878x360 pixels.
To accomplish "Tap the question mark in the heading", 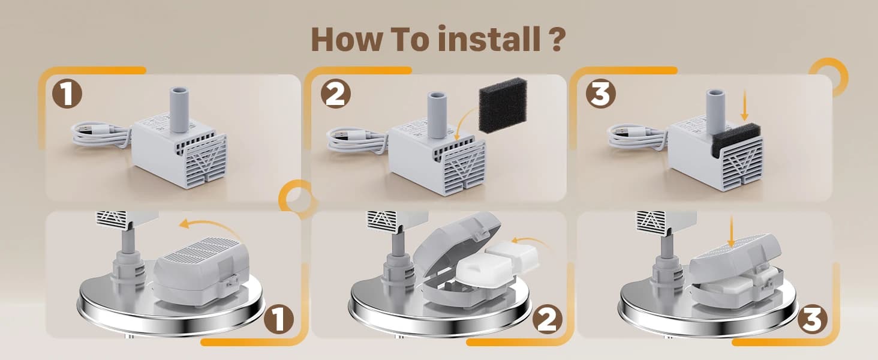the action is pyautogui.click(x=558, y=39).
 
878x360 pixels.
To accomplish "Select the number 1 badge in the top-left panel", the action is pyautogui.click(x=67, y=95).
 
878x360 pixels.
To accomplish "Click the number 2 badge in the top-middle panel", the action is pyautogui.click(x=335, y=95).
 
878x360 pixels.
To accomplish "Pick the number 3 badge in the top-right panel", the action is pyautogui.click(x=601, y=95).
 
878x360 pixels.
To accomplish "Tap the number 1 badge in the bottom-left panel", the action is pyautogui.click(x=279, y=320).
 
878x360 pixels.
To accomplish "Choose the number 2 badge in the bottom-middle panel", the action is pyautogui.click(x=547, y=320).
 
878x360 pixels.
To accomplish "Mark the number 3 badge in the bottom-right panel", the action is pyautogui.click(x=813, y=320).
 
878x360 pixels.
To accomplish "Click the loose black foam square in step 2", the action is pyautogui.click(x=503, y=105).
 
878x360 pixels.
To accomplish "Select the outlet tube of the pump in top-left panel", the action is pyautogui.click(x=179, y=110).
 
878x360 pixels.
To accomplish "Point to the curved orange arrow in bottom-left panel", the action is pyautogui.click(x=210, y=228).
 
